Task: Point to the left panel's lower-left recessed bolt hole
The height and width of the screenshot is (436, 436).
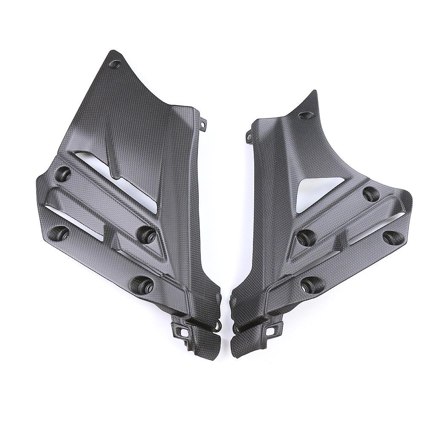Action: pyautogui.click(x=60, y=232)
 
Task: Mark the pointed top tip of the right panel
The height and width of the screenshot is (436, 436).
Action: pyautogui.click(x=314, y=92)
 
